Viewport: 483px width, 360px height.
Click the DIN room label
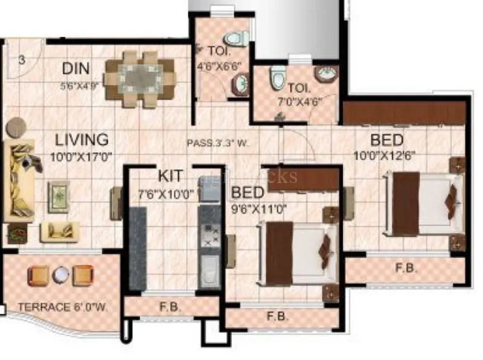pos(77,68)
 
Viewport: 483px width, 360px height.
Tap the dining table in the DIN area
pos(139,79)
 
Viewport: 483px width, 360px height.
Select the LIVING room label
pos(82,140)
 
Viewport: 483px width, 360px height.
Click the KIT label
pos(171,176)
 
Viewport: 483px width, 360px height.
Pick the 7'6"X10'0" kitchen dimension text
pos(165,194)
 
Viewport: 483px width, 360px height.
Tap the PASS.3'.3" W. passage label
pos(218,144)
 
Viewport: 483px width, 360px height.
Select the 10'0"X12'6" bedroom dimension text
pos(385,155)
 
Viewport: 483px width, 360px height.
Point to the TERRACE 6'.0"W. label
pos(63,307)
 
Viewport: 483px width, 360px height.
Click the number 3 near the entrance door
pos(22,60)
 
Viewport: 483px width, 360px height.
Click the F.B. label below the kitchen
pos(171,306)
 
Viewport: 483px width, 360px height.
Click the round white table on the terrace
pos(60,275)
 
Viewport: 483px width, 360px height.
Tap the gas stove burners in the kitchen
pos(211,234)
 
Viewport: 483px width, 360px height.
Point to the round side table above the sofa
pos(16,127)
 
